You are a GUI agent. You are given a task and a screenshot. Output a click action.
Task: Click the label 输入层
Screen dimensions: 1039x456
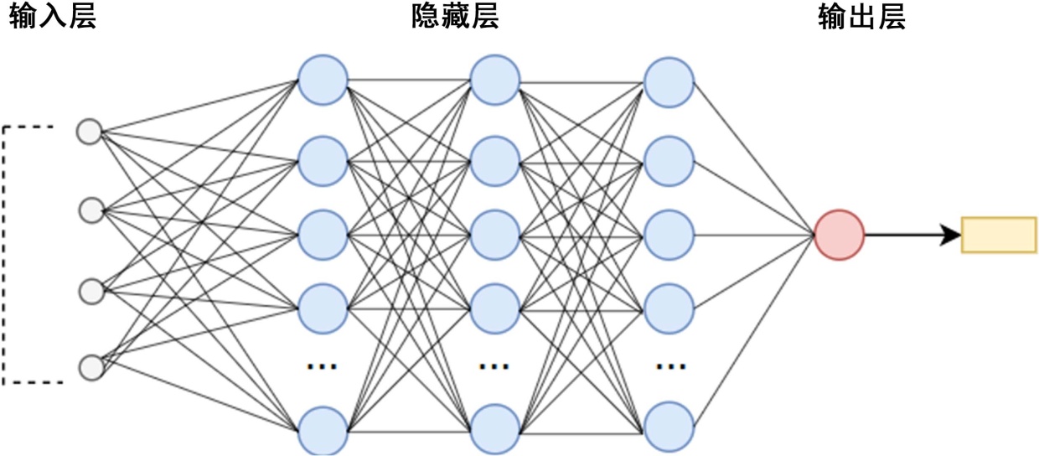pyautogui.click(x=52, y=18)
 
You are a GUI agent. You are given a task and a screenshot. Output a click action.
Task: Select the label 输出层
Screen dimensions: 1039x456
pyautogui.click(x=861, y=18)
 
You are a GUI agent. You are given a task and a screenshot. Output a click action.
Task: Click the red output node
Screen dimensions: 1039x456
pyautogui.click(x=839, y=235)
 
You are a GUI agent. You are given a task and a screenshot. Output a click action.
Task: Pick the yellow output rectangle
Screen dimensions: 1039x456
pyautogui.click(x=999, y=235)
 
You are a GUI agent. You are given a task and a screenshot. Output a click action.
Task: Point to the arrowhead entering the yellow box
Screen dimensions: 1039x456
pyautogui.click(x=952, y=235)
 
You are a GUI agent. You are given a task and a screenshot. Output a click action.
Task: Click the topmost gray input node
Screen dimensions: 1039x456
pyautogui.click(x=90, y=132)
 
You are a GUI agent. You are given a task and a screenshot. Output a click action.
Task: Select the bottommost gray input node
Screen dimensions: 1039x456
pyautogui.click(x=90, y=367)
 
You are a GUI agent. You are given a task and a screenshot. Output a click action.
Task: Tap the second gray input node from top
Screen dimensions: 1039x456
pyautogui.click(x=90, y=210)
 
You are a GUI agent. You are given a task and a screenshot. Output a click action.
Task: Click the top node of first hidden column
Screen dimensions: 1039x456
pyautogui.click(x=323, y=80)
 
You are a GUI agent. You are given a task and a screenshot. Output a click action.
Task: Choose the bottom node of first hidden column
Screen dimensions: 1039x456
pyautogui.click(x=323, y=430)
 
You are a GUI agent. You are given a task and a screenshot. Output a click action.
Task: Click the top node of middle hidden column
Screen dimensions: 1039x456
pyautogui.click(x=495, y=80)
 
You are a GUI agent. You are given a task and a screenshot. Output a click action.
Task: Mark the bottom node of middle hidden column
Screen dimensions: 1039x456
pyautogui.click(x=495, y=430)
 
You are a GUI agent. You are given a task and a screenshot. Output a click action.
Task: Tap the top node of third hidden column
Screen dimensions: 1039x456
pyautogui.click(x=669, y=82)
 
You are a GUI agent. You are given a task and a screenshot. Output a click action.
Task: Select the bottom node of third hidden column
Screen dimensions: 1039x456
pyautogui.click(x=669, y=427)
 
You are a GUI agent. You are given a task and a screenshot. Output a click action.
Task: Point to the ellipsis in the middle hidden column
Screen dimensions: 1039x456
pyautogui.click(x=494, y=366)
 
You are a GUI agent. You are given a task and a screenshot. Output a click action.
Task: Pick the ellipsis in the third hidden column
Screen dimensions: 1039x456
pyautogui.click(x=670, y=366)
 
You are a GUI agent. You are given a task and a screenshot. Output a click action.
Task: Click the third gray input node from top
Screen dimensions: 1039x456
pyautogui.click(x=90, y=291)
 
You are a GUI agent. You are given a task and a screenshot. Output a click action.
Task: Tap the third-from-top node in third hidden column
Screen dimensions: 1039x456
pyautogui.click(x=669, y=235)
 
